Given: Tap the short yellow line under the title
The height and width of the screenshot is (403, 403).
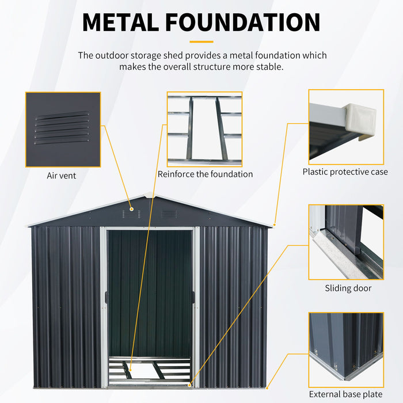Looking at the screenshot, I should [201, 41].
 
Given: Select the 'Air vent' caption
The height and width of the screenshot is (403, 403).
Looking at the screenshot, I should [62, 176].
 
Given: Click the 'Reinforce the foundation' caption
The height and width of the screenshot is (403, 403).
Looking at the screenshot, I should [205, 174].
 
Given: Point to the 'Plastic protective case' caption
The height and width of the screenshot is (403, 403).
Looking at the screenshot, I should [345, 172].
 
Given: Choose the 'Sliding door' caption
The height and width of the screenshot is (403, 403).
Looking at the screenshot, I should [348, 288].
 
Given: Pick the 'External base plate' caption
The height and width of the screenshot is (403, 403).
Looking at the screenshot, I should [345, 394].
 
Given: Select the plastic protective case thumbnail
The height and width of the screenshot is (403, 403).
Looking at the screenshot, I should [345, 124].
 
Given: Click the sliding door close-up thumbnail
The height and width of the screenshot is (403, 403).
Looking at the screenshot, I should [345, 241].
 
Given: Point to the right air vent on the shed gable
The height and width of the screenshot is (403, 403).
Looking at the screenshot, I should [169, 214].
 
